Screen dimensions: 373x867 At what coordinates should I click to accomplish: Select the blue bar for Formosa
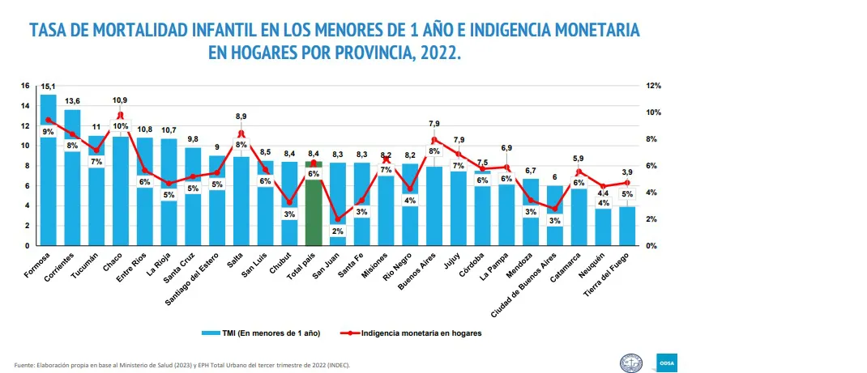(x=49, y=186)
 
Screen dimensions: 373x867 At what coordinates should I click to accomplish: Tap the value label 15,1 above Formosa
(x=49, y=87)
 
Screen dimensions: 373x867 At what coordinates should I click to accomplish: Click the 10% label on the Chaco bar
(x=120, y=126)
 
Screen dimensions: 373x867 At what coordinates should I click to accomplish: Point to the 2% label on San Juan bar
(x=339, y=231)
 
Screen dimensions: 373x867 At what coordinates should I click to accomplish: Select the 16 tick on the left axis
(x=25, y=86)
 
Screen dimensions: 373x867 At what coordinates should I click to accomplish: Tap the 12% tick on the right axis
(x=654, y=86)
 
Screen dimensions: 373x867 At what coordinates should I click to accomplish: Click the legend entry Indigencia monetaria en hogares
(x=421, y=333)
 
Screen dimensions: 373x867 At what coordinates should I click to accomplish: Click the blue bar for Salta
(x=241, y=202)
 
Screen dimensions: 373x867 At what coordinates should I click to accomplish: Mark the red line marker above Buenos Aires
(x=434, y=140)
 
